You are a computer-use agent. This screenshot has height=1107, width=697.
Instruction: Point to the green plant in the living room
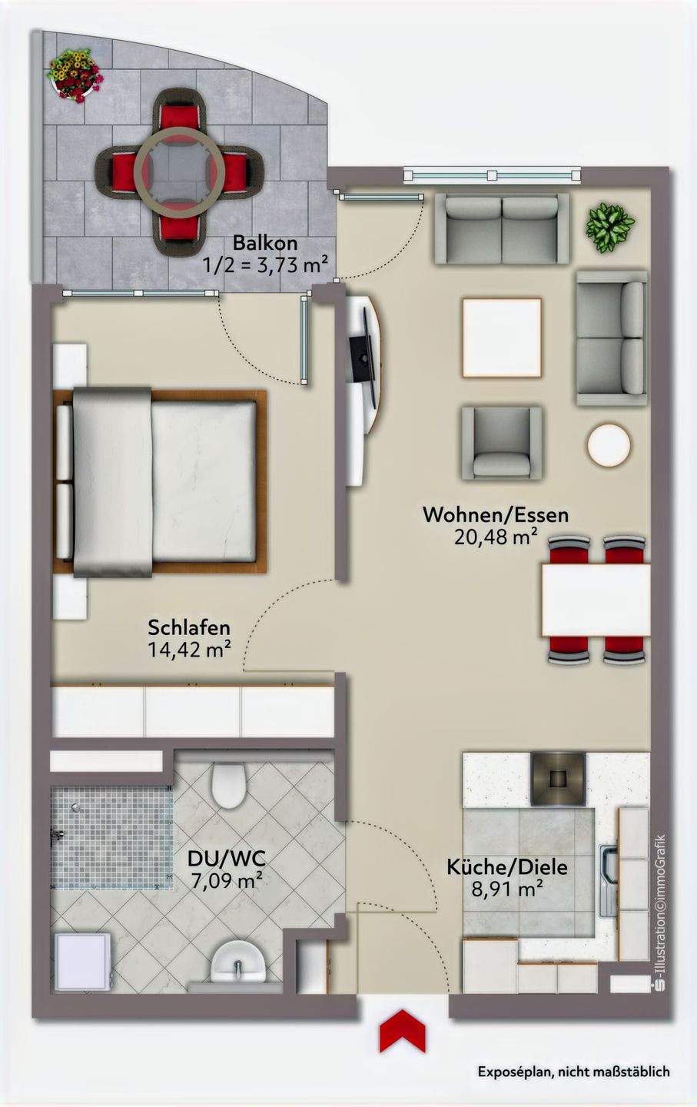pyautogui.click(x=611, y=228)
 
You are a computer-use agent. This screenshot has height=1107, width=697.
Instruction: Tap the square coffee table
pyautogui.click(x=501, y=337)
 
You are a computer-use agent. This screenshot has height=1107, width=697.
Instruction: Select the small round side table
pyautogui.click(x=609, y=444)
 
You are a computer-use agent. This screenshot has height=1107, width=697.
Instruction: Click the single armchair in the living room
pyautogui.click(x=501, y=443)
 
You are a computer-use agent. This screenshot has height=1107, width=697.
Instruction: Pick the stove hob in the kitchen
pyautogui.click(x=559, y=778)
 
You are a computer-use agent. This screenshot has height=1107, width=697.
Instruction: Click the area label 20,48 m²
pyautogui.click(x=496, y=537)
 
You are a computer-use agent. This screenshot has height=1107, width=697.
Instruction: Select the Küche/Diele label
pyautogui.click(x=507, y=867)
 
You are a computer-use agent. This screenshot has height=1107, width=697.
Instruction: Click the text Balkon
pyautogui.click(x=265, y=243)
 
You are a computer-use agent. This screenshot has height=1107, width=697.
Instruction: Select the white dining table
pyautogui.click(x=596, y=600)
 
